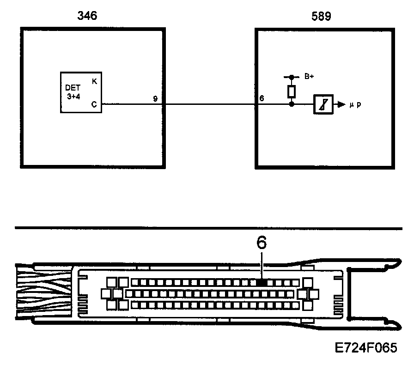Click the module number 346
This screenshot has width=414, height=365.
tap(88, 17)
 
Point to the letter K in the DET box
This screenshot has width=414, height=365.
tap(95, 81)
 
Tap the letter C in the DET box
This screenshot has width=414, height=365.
tap(94, 104)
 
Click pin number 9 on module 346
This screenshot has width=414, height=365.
tap(155, 98)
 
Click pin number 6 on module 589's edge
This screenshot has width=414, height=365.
tap(262, 98)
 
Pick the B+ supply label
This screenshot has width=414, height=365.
tap(309, 77)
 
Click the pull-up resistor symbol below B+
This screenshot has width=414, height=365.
tap(291, 91)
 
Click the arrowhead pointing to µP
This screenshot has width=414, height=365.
tap(342, 104)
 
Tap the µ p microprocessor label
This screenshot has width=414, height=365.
tap(355, 105)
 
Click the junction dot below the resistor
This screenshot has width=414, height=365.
tap(291, 104)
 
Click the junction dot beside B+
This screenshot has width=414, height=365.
tap(291, 77)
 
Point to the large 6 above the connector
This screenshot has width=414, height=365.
tap(262, 243)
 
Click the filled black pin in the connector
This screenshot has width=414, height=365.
tap(262, 281)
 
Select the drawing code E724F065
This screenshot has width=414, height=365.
tap(366, 347)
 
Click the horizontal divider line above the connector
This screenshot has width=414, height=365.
tap(208, 227)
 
